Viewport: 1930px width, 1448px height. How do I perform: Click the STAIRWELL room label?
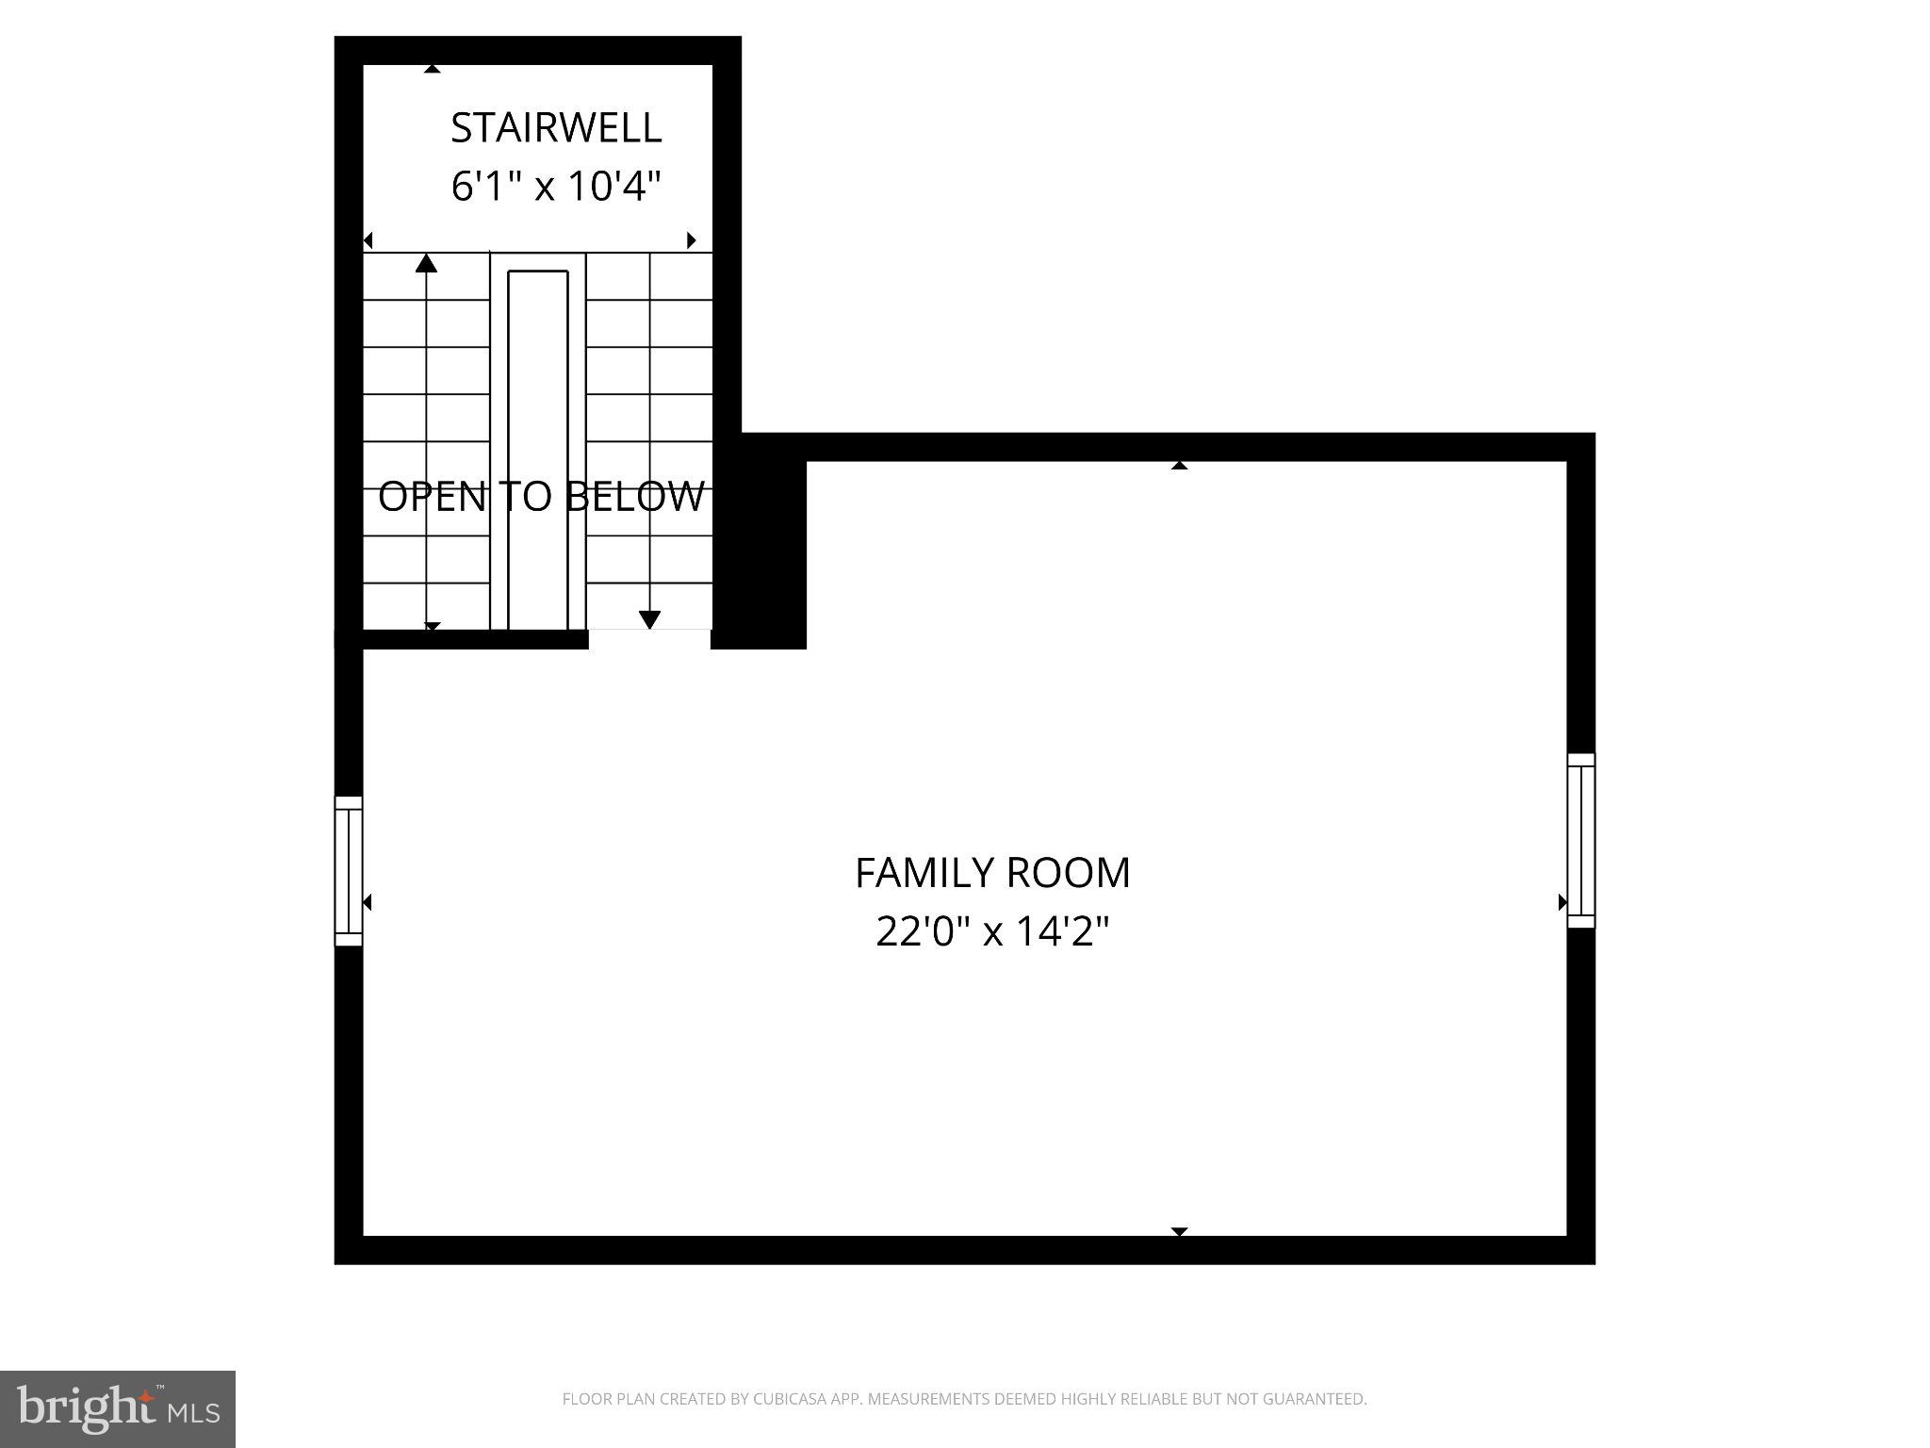(x=556, y=128)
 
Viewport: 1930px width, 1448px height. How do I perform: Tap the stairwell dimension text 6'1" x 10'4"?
(x=556, y=186)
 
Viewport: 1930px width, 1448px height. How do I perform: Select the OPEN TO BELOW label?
(x=541, y=497)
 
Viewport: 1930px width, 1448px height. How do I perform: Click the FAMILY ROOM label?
(x=992, y=873)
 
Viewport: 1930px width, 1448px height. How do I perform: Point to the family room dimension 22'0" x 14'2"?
(x=992, y=931)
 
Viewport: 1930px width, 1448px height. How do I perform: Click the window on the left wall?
(x=349, y=871)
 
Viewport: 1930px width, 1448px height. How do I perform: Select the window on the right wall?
(x=1580, y=841)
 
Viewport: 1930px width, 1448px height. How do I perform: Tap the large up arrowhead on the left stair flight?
(x=427, y=263)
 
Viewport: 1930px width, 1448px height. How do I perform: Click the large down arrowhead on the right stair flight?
(x=649, y=619)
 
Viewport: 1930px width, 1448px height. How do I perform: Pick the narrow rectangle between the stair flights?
(x=538, y=450)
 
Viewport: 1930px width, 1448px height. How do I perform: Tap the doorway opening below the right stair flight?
(x=649, y=639)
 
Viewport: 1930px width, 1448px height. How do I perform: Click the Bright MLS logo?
(x=118, y=1408)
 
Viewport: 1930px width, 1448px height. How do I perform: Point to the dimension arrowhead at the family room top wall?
(x=1179, y=465)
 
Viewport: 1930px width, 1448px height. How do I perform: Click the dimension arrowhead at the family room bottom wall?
(x=1179, y=1231)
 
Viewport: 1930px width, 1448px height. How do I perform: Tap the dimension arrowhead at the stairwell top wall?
(x=432, y=68)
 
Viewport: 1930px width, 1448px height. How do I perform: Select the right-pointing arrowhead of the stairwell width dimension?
(x=692, y=240)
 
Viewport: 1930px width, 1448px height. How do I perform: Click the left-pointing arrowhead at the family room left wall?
(x=367, y=903)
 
